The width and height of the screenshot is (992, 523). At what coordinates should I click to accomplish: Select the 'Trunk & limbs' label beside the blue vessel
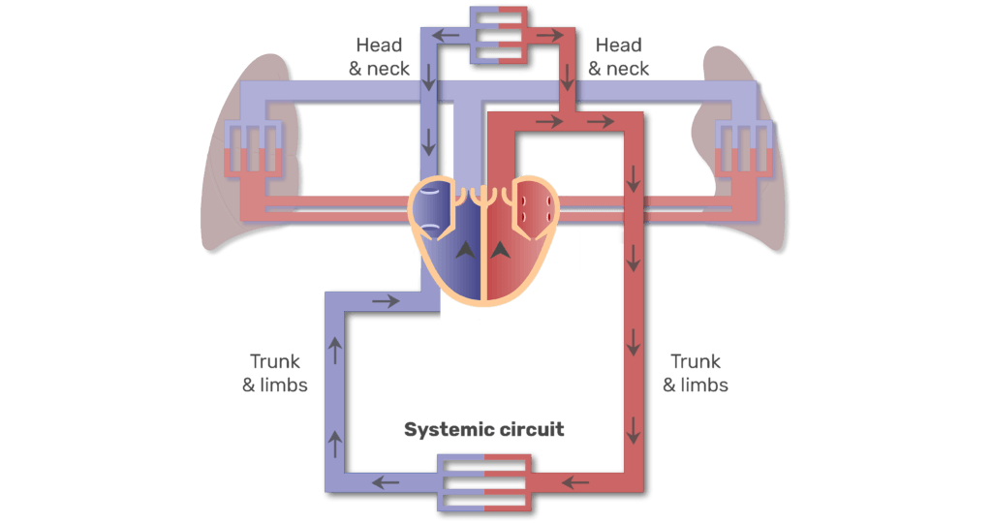[275, 373]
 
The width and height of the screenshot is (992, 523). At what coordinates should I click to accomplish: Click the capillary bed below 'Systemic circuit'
[483, 480]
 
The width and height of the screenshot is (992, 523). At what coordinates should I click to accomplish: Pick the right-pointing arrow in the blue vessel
[386, 301]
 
